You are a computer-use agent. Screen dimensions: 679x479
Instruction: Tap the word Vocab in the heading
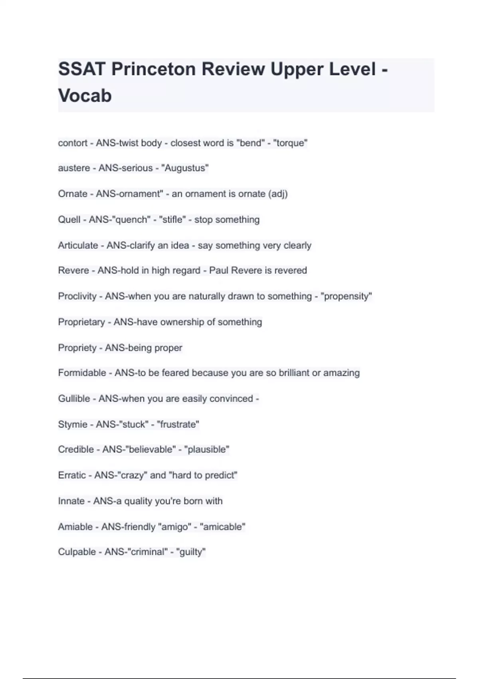85,96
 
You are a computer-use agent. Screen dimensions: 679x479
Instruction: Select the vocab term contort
73,143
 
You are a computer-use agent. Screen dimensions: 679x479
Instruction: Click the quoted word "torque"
290,143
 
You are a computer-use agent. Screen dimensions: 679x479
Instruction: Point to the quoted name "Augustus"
185,168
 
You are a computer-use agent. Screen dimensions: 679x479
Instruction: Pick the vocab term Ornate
73,194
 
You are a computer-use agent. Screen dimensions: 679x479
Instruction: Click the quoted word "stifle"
172,220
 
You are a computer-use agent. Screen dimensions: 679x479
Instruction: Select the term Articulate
78,245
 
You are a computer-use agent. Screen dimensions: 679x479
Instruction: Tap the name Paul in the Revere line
218,270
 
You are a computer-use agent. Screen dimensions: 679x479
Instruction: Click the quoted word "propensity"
346,296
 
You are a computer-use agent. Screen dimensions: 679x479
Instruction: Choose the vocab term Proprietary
81,322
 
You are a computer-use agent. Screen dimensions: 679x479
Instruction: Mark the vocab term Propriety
77,348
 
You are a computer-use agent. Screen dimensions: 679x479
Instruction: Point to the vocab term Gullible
74,399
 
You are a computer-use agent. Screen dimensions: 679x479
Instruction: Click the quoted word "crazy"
132,475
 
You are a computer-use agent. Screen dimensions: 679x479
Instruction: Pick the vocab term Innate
71,501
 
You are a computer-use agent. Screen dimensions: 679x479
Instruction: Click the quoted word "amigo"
175,527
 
